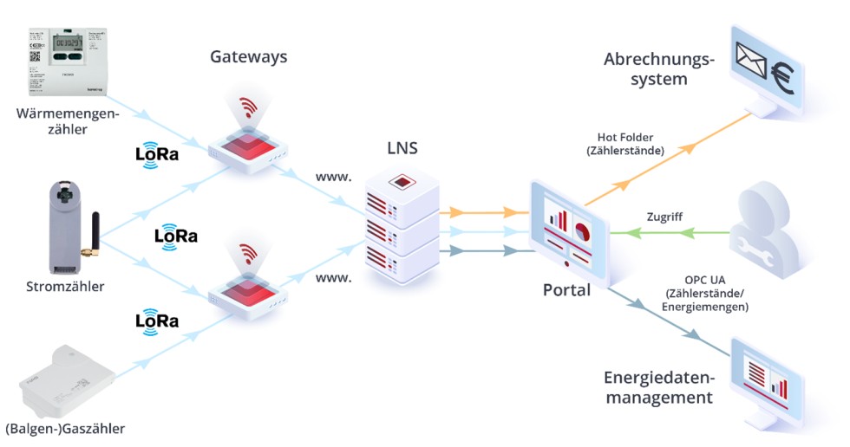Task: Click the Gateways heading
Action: pyautogui.click(x=248, y=57)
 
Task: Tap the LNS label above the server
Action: pyautogui.click(x=402, y=148)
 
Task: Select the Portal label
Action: pyautogui.click(x=566, y=290)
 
